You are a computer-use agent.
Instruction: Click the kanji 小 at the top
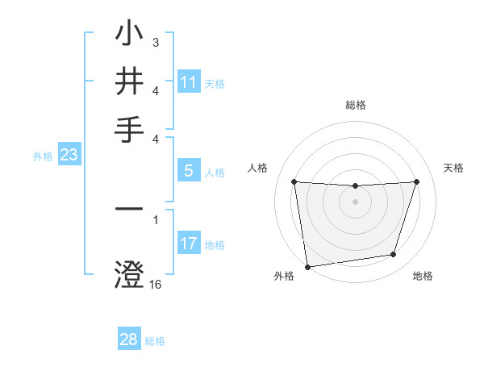pos(130,34)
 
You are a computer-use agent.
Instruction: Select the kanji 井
pos(130,81)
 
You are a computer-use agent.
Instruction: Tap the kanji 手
pos(130,129)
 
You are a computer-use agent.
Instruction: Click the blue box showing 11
pos(189,82)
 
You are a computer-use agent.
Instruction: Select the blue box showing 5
pos(189,171)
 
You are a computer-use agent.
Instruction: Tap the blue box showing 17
pos(189,244)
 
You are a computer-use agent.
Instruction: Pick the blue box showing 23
pos(69,156)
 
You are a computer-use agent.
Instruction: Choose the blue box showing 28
pos(129,339)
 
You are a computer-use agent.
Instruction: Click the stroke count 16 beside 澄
pos(156,284)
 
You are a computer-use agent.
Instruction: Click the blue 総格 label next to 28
pos(155,341)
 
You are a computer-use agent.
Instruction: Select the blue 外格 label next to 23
pos(43,157)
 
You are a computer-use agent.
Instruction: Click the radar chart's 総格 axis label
pos(355,105)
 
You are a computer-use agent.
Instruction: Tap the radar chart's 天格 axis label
pos(453,168)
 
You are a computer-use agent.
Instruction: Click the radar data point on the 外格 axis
pos(307,266)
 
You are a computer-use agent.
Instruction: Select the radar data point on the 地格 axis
pos(394,255)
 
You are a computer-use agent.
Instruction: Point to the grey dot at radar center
pos(355,201)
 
